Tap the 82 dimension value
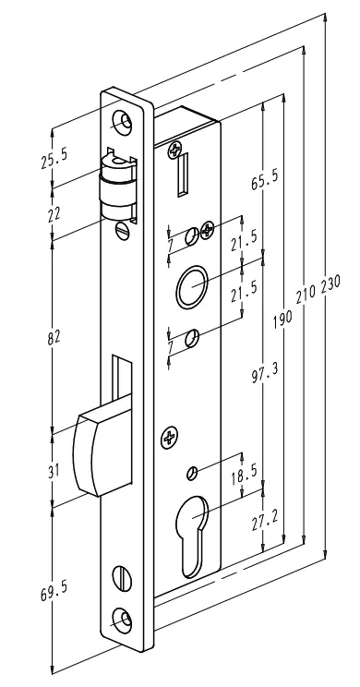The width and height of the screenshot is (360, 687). click(x=54, y=337)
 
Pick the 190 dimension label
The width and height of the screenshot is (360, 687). click(x=282, y=319)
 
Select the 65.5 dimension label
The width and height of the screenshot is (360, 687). click(x=265, y=180)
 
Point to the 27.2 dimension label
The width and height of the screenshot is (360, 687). click(x=265, y=521)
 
